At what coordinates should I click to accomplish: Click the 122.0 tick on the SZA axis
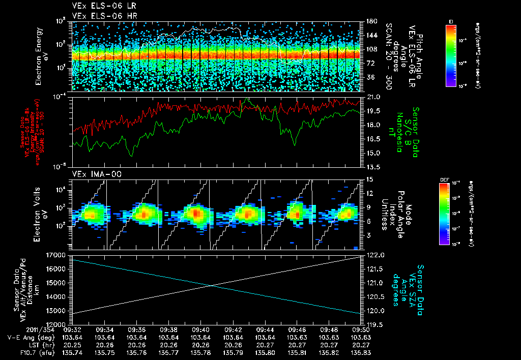pos(374,255)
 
